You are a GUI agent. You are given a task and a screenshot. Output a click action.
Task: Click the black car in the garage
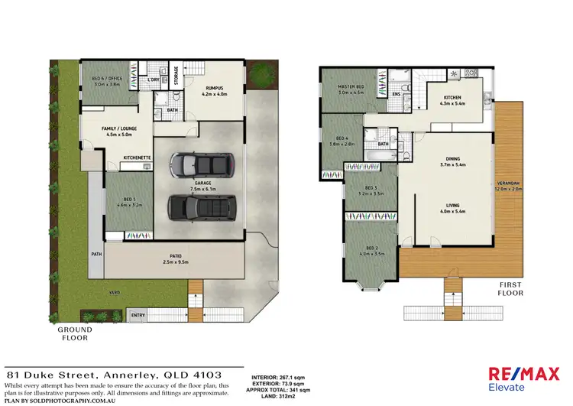point(200,206)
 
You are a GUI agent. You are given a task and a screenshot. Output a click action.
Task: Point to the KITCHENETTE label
point(138,158)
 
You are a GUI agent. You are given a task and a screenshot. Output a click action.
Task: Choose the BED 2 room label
point(371,248)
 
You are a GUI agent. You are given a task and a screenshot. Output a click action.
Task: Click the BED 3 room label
point(371,188)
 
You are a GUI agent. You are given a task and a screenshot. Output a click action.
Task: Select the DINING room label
point(453,159)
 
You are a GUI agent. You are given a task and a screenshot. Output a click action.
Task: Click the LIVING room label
point(453,204)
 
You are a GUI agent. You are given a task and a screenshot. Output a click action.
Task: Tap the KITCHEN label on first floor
point(454,97)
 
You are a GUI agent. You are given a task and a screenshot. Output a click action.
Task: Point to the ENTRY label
point(138,315)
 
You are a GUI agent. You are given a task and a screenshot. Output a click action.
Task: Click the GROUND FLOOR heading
point(75,333)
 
